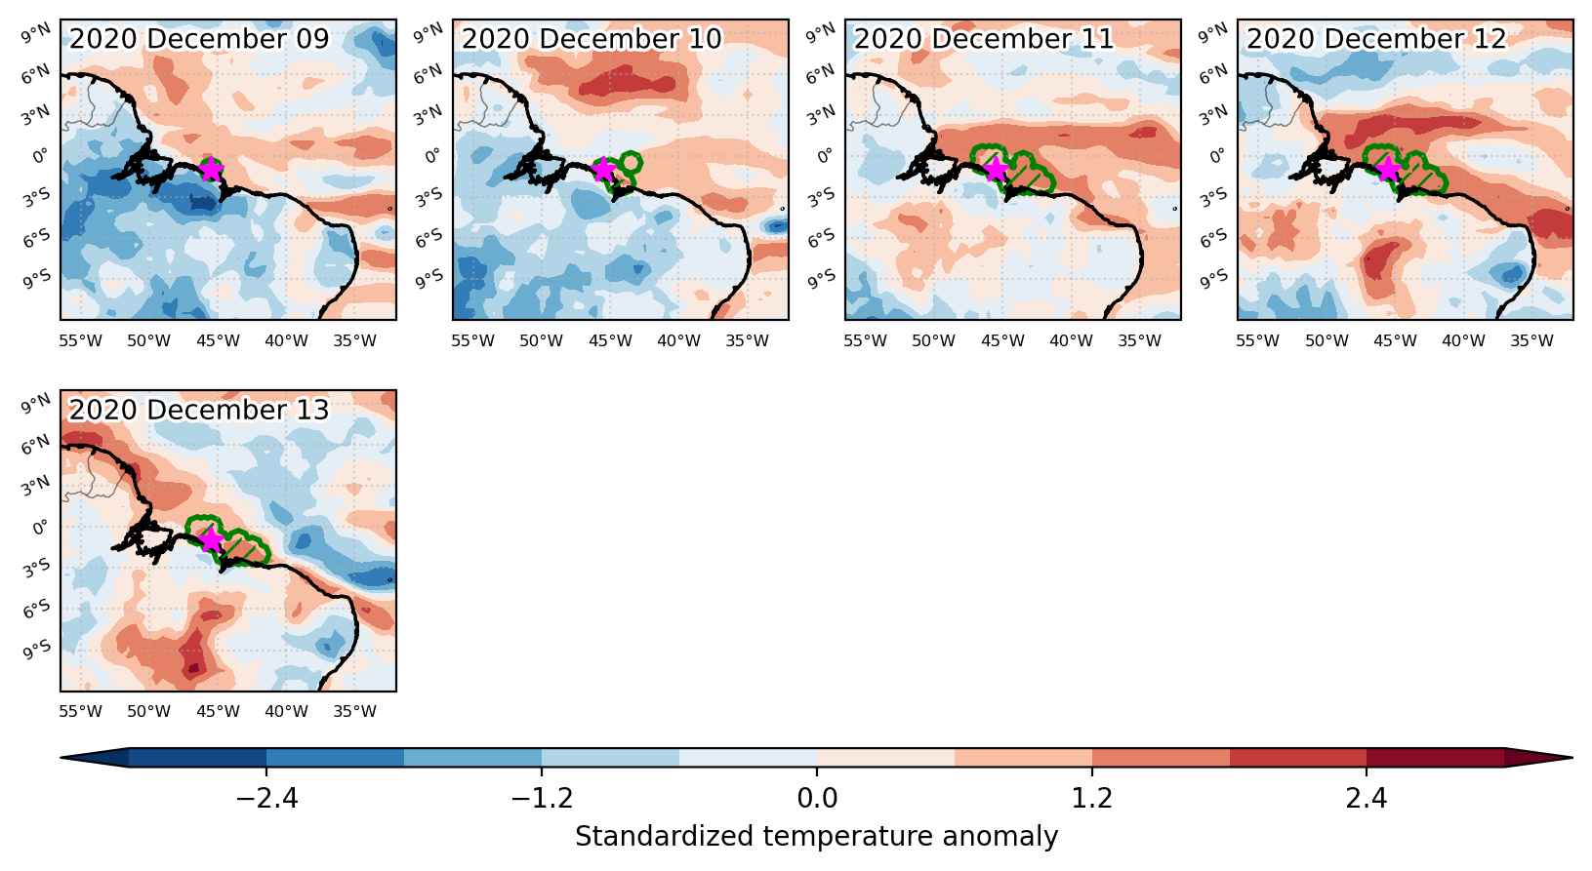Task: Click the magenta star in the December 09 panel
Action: (x=211, y=169)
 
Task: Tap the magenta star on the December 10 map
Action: (x=603, y=169)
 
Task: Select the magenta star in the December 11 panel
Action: (x=996, y=169)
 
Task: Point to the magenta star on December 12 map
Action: (x=1388, y=169)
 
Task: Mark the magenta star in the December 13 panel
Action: (x=211, y=540)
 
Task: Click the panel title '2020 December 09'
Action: (x=199, y=39)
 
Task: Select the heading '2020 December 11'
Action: (x=984, y=39)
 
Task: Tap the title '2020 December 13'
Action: (x=199, y=410)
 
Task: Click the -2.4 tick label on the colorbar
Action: (x=266, y=799)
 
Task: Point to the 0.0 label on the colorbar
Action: (x=817, y=799)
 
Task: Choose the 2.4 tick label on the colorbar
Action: (x=1366, y=799)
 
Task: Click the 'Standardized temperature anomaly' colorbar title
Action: (x=817, y=837)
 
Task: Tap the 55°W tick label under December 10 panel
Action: (x=472, y=341)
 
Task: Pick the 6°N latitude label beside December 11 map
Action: (x=822, y=73)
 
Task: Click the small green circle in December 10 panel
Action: (x=631, y=162)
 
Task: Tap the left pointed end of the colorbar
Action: (x=62, y=758)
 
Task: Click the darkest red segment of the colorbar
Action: (x=1435, y=758)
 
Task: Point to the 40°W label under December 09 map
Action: (x=286, y=341)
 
